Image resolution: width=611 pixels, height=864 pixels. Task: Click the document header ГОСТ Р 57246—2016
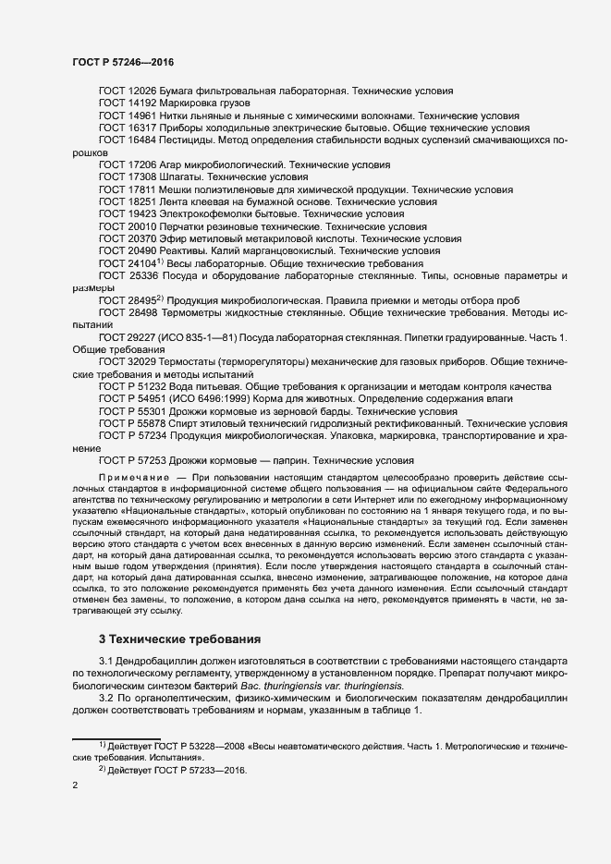[x=123, y=62]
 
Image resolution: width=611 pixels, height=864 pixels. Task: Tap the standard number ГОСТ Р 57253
[x=132, y=459]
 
